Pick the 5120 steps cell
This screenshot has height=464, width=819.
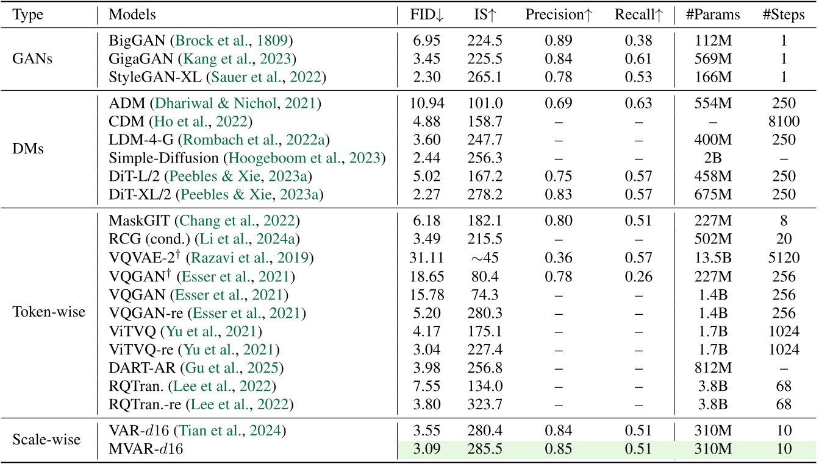click(x=783, y=261)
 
